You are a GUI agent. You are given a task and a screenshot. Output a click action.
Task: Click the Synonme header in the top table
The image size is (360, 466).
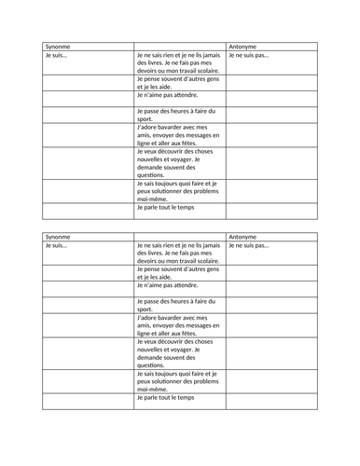click(58, 46)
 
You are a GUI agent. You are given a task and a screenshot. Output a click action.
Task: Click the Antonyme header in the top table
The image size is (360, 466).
click(244, 46)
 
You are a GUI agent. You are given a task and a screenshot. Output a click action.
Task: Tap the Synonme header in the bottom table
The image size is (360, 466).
click(58, 236)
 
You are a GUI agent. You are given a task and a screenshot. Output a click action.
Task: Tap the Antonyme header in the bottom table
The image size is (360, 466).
click(244, 236)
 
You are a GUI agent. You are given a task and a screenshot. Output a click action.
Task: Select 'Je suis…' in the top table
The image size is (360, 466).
click(57, 56)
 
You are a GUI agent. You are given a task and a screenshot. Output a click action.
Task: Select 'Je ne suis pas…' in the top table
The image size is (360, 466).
click(249, 56)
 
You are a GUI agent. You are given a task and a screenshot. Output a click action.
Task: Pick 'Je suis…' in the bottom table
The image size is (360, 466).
click(57, 246)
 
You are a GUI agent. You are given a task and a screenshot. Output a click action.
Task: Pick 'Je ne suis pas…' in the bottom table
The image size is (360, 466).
click(249, 246)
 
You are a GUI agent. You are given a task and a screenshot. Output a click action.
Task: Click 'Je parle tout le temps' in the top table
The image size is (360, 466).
click(165, 208)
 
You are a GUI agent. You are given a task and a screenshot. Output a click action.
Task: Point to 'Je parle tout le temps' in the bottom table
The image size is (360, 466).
click(165, 398)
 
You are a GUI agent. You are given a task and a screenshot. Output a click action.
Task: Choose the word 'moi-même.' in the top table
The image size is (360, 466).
click(155, 199)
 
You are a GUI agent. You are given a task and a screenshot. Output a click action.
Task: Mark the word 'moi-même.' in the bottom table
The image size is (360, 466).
click(155, 389)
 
